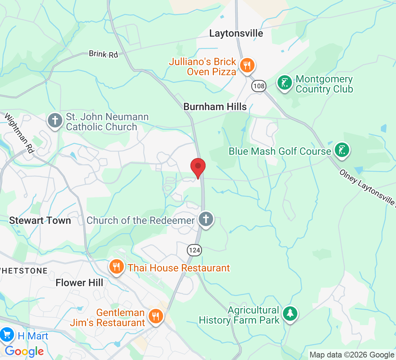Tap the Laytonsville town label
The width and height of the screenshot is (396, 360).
coord(236,33)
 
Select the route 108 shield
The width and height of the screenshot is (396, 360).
coord(258,86)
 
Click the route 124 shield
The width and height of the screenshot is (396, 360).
coord(194,250)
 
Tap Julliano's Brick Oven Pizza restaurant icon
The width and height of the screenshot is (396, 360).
coord(247,66)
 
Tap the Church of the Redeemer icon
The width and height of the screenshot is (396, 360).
coord(206,219)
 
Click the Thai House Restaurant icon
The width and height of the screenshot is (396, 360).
coord(116,267)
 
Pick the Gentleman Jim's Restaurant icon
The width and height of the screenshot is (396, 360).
coord(156,316)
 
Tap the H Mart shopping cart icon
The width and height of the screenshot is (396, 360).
coord(6,335)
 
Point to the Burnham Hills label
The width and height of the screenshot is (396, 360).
coord(215,107)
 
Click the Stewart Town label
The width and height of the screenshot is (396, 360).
coord(40,221)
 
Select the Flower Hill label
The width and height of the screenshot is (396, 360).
coord(79,283)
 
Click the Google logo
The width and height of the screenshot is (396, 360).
coord(24,351)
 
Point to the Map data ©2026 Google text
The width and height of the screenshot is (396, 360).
coord(352,355)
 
